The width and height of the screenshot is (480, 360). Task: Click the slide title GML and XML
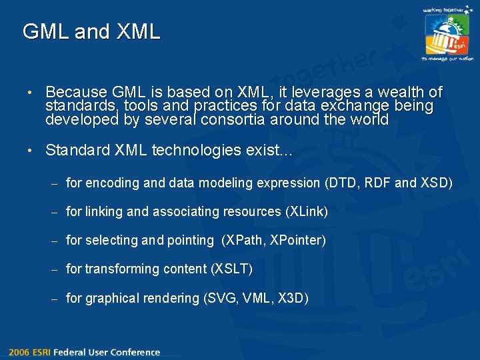coord(91,31)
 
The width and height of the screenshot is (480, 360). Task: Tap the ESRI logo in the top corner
coord(447,35)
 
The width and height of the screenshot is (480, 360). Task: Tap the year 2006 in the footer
coord(19,352)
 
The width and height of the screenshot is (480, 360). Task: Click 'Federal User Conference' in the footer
coord(107,352)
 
